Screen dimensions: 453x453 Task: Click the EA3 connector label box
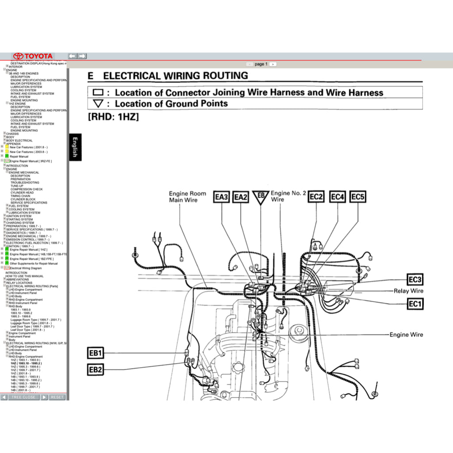pyautogui.click(x=222, y=197)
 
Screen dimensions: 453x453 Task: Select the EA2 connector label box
pyautogui.click(x=241, y=197)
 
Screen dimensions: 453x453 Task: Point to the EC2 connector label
pyautogui.click(x=316, y=196)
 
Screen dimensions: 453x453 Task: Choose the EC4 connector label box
pyautogui.click(x=338, y=196)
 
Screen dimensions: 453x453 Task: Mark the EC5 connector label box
pyautogui.click(x=357, y=196)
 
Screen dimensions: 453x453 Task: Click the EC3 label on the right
pyautogui.click(x=415, y=279)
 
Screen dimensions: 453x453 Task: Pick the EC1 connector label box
pyautogui.click(x=415, y=304)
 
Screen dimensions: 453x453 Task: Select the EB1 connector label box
pyautogui.click(x=96, y=353)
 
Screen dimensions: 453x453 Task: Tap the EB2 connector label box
pyautogui.click(x=96, y=370)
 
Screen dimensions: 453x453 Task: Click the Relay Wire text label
pyautogui.click(x=408, y=291)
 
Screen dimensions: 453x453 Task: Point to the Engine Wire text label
pyautogui.click(x=406, y=334)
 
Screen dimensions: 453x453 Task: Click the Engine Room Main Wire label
pyautogui.click(x=187, y=197)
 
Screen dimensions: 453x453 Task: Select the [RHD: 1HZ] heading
pyautogui.click(x=113, y=117)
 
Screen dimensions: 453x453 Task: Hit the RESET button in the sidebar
pyautogui.click(x=57, y=397)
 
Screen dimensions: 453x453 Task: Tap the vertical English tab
pyautogui.click(x=75, y=147)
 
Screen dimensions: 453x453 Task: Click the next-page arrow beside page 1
pyautogui.click(x=273, y=64)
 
